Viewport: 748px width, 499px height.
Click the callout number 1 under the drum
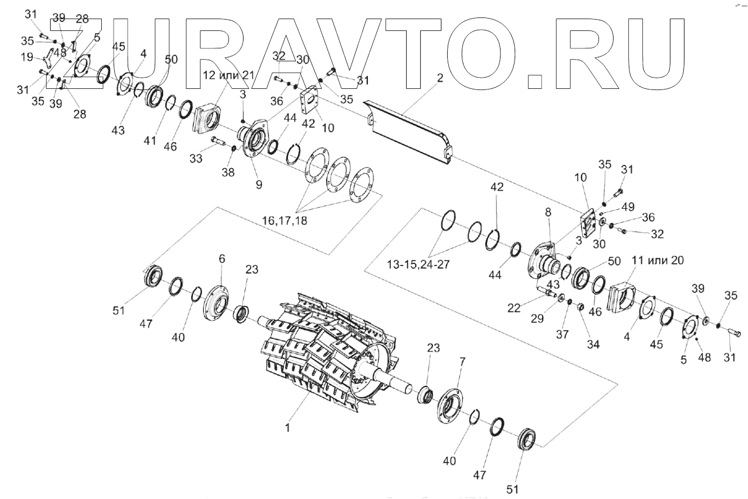(287, 428)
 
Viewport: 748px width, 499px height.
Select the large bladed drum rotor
(326, 349)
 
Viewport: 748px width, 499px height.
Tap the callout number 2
(440, 79)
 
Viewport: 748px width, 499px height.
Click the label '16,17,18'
(284, 221)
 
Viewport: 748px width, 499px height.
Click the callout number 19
(26, 57)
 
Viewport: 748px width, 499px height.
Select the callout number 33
(196, 159)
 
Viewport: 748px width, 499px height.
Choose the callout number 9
(258, 183)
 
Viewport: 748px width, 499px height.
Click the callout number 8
(548, 212)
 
